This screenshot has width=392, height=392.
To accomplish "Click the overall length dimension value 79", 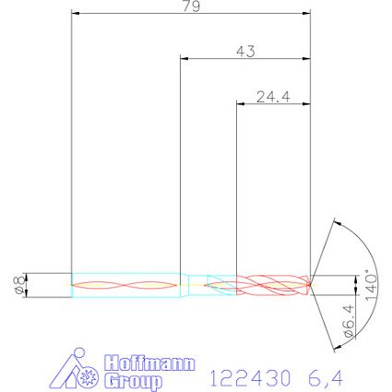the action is pos(191,6).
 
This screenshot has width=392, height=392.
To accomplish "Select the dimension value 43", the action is pos(245,52).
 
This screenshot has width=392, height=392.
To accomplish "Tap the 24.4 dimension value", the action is pos(273,97).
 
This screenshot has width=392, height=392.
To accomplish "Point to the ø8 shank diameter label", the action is pos(19,285).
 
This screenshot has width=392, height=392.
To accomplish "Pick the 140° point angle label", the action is pos(372,285).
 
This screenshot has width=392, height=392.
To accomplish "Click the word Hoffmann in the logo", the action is pos(149,363).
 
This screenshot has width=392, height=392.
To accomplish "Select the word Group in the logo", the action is pos(133,381).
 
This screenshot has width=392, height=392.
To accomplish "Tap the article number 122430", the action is pos(250,378).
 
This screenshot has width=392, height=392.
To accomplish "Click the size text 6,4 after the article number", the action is pos(326,378).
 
